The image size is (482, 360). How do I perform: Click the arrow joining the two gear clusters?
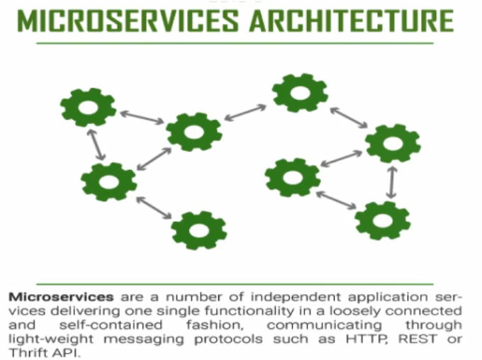click(246, 112)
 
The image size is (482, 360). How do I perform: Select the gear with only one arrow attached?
click(199, 229)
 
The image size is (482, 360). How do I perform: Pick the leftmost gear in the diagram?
click(88, 107)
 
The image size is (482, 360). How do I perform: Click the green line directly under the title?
click(235, 43)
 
